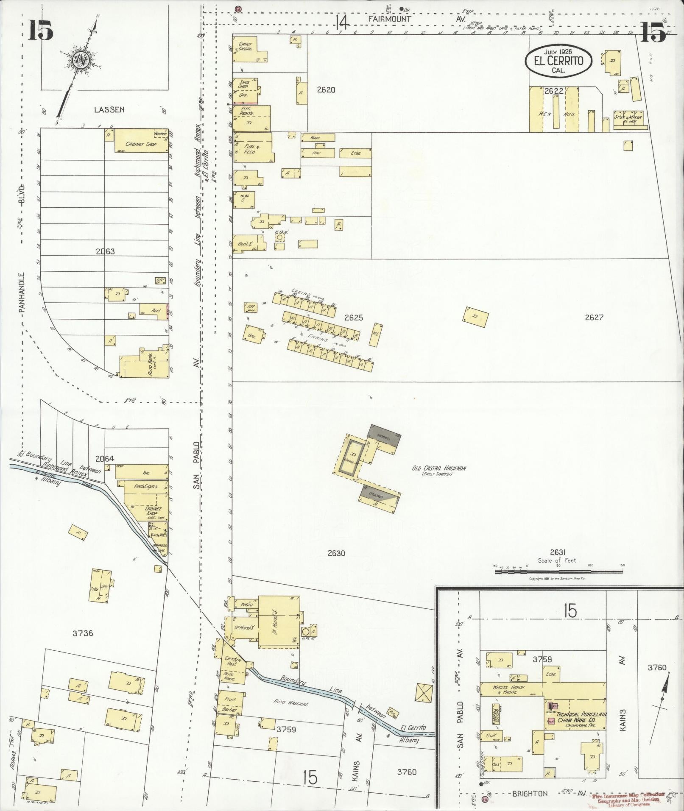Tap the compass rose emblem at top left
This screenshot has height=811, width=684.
coord(80,61)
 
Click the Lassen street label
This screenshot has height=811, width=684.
coord(109,109)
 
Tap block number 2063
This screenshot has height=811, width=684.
coord(105,251)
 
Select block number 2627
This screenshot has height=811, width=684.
coord(594,317)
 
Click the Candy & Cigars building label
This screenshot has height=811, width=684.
coord(245,46)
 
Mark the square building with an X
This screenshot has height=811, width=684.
coord(424,694)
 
